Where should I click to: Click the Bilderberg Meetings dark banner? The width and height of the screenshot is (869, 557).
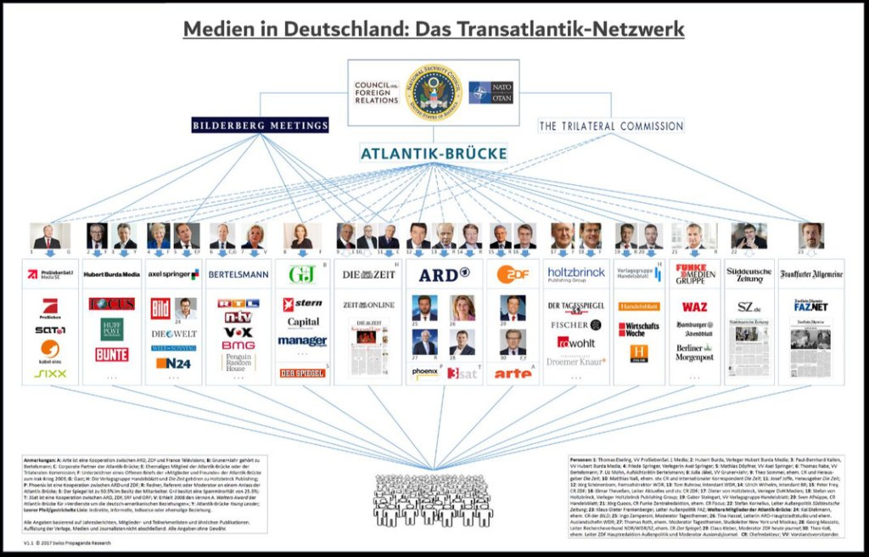pos(261,126)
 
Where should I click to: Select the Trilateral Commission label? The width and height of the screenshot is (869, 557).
pos(611,126)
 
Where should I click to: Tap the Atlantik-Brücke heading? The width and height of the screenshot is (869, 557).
pos(434,154)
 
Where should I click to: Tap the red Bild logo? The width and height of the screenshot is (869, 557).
pos(161,307)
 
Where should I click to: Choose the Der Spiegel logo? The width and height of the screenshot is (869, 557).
pos(301,373)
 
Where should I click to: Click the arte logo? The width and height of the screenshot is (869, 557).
pos(513,373)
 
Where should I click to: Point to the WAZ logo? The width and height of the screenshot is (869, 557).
pos(694,307)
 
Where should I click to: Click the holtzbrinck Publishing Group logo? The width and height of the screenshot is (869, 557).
pos(575,274)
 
